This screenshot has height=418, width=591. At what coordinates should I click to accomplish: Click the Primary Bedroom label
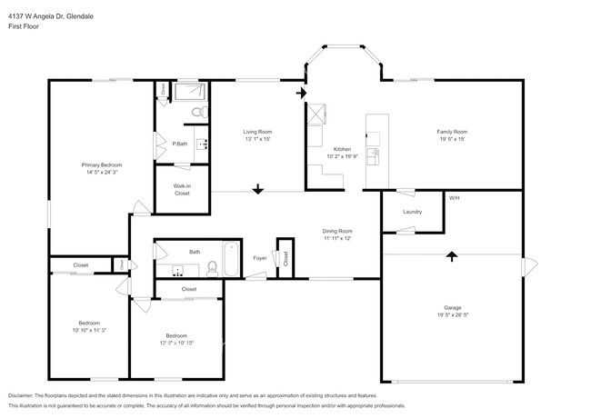(101, 164)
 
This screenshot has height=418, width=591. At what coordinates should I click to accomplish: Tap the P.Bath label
(181, 144)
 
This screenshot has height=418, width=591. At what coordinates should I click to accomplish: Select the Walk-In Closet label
(182, 190)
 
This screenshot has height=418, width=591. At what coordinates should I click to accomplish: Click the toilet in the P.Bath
(197, 114)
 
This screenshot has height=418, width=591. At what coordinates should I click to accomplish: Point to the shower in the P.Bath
(191, 92)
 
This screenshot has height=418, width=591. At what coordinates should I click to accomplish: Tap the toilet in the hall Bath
(211, 267)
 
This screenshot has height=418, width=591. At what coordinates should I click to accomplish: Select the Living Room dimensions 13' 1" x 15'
(258, 140)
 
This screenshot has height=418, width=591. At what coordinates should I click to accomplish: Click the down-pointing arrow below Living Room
(258, 189)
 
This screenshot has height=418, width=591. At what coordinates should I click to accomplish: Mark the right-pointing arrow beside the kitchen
(301, 93)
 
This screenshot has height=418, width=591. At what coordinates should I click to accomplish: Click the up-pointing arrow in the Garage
(451, 256)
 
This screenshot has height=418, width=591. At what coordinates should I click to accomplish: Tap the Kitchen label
(342, 148)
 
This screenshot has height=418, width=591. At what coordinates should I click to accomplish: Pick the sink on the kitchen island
(374, 152)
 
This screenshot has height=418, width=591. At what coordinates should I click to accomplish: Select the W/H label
(453, 197)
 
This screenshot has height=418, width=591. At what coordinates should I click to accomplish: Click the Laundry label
(413, 213)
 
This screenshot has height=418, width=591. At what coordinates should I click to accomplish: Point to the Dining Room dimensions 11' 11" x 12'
(337, 239)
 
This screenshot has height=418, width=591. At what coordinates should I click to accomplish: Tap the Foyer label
(259, 258)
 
